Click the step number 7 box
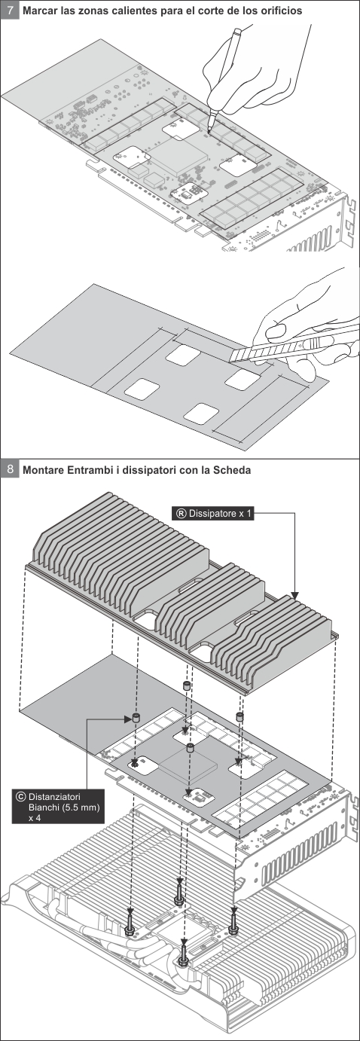pyautogui.click(x=11, y=11)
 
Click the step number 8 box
pyautogui.click(x=11, y=469)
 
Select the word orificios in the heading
pyautogui.click(x=279, y=11)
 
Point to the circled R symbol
pyautogui.click(x=182, y=513)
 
